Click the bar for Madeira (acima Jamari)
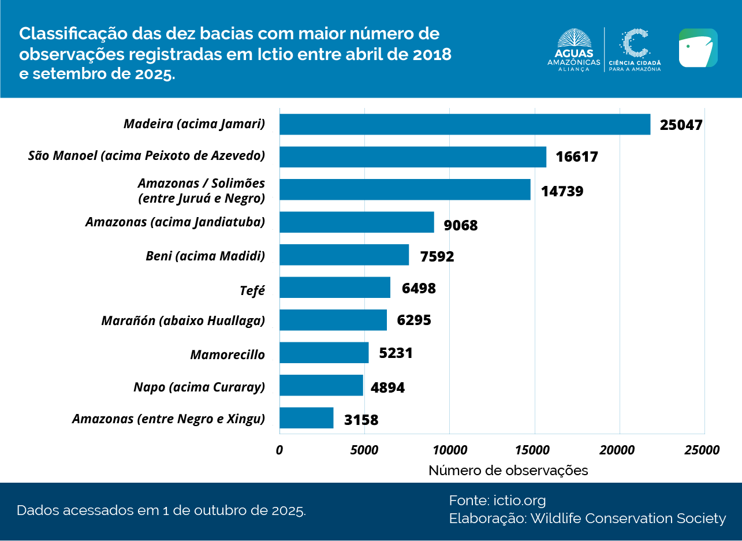pos(465,124)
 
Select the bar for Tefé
pos(335,288)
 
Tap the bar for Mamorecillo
pos(324,353)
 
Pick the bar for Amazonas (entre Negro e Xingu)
pos(307,418)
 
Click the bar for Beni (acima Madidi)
pos(344,255)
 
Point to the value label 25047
pos(681,125)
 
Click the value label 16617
pos(577,158)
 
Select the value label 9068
pos(461,225)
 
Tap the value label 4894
pos(387,387)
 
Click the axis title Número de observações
pos(508,471)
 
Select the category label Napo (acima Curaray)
pos(199,387)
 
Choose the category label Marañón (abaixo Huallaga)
pos(183,320)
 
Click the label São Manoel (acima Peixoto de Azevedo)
pos(147,156)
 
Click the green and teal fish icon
pos(698,48)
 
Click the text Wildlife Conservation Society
pos(628,518)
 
